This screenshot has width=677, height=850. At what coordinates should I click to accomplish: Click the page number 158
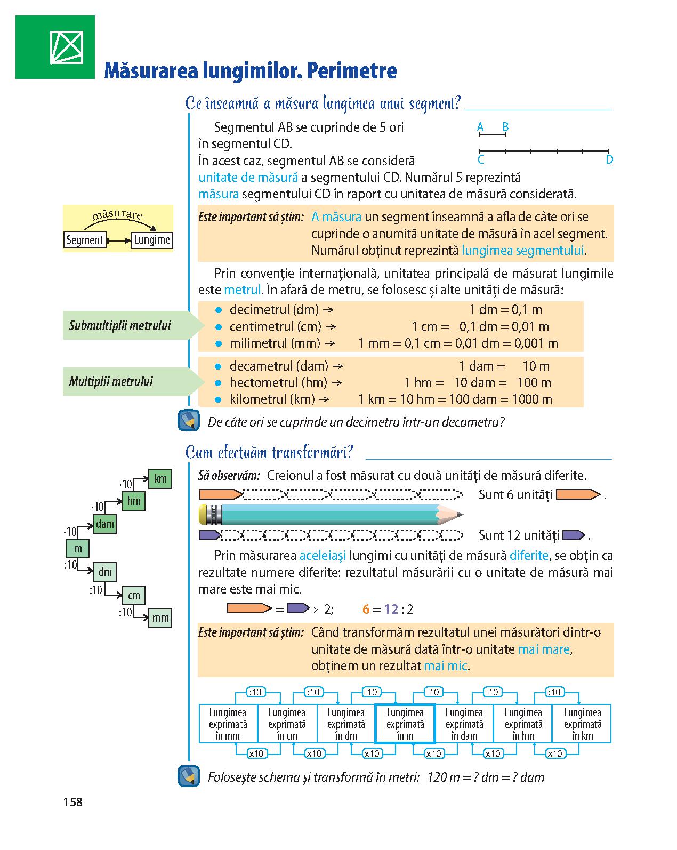tap(72, 802)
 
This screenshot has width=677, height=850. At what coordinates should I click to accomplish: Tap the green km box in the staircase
tap(160, 479)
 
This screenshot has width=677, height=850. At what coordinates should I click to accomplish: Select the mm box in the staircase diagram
tap(160, 618)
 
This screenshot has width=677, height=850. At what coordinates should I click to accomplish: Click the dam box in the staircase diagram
tap(104, 524)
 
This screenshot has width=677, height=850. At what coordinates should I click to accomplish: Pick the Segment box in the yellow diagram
tap(85, 240)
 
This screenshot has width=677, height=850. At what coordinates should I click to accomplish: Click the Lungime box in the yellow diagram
tap(152, 240)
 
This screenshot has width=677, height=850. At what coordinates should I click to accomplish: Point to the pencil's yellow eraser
tap(203, 515)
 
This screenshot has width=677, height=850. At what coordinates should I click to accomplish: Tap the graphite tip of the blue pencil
tap(460, 515)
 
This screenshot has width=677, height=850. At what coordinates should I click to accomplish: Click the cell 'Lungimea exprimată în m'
tap(405, 724)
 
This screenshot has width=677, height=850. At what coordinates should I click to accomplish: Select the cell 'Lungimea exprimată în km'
tap(582, 724)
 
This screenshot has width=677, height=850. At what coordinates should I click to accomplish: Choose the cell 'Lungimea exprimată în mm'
tap(228, 724)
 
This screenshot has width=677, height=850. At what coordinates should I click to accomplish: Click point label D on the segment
tap(609, 159)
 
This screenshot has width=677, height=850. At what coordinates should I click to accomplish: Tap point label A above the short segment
tap(480, 127)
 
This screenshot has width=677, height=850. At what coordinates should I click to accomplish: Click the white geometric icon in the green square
tap(67, 47)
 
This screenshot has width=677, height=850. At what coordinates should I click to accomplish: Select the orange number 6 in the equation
tap(366, 609)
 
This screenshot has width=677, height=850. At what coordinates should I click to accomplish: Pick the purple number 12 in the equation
tap(391, 609)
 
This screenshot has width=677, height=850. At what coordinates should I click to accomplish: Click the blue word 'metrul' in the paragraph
tap(243, 290)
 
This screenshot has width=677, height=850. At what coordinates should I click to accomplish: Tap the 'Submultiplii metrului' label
tap(120, 325)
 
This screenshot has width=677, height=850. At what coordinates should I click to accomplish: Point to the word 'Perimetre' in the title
tap(351, 71)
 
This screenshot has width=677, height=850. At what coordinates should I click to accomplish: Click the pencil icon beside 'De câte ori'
tap(189, 421)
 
